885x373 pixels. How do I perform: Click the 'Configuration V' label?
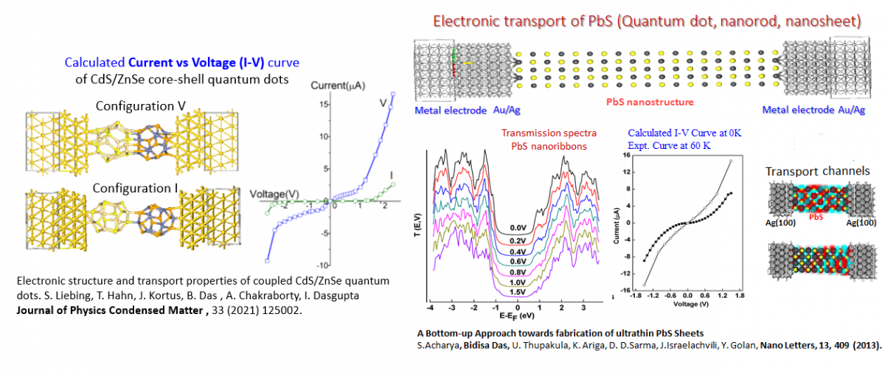click(x=140, y=105)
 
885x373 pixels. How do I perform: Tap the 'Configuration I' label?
click(x=136, y=188)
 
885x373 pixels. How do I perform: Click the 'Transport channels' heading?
click(x=817, y=171)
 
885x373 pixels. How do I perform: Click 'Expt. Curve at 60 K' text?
click(x=670, y=147)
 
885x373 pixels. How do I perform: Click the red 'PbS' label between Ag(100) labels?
click(x=816, y=218)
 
